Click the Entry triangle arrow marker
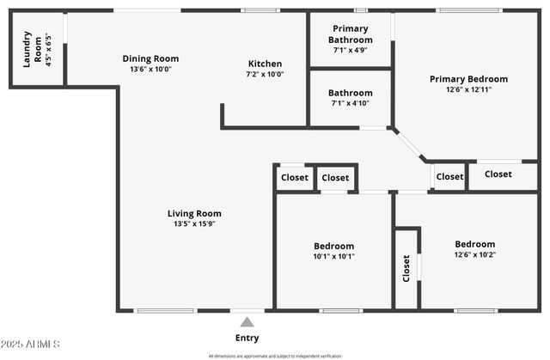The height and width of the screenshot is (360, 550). point(247,322)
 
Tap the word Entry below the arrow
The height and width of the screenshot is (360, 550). point(247,338)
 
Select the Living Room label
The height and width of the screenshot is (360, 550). point(194,213)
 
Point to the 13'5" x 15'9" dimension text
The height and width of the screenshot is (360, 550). point(194,224)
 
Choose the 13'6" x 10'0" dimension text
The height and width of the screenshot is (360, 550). point(150,70)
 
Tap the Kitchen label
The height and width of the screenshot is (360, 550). point(265,64)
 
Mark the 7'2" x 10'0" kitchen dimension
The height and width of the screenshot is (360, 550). point(265,75)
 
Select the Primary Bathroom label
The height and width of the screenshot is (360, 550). point(351,34)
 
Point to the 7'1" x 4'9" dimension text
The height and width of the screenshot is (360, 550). point(351,50)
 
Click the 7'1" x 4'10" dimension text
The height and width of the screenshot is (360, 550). point(351,104)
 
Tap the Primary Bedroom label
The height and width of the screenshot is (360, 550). point(468,79)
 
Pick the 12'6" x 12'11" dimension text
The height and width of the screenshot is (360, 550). point(468,89)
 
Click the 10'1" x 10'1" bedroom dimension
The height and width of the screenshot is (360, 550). point(333,256)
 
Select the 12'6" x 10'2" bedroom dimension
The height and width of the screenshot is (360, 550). point(474,254)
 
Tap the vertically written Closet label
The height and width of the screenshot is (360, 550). point(406,268)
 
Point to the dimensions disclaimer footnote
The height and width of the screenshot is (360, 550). point(274,356)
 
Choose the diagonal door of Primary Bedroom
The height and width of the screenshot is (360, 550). point(409,144)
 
